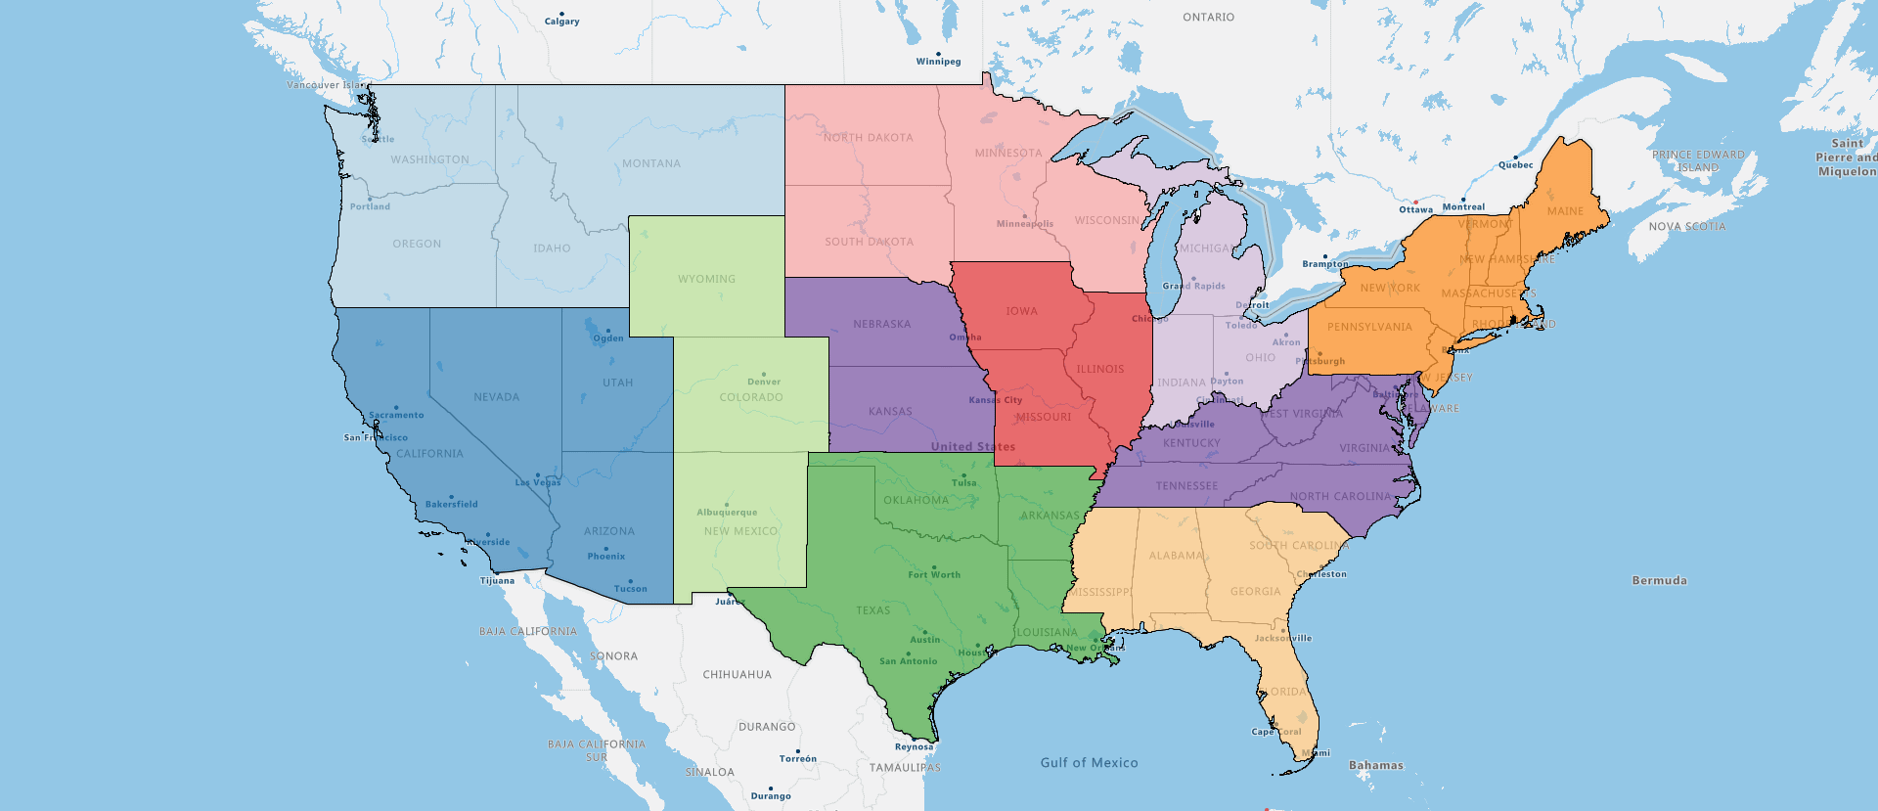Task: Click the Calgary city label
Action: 561,22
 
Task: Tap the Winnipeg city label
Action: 938,62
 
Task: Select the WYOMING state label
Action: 706,279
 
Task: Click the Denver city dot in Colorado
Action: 764,374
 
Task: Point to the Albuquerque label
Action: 727,513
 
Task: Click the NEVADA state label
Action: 496,397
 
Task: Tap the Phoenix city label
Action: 605,557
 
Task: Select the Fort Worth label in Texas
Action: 934,575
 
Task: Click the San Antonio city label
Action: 908,661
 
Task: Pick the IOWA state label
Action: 1021,311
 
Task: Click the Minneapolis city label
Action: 1024,224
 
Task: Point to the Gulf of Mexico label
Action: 1089,763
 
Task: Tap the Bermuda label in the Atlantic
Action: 1659,581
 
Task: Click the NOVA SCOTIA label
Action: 1686,227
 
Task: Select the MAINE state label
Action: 1565,211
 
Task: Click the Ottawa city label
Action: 1415,210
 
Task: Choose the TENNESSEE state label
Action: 1186,486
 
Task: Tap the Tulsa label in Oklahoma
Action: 963,483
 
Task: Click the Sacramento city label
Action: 396,416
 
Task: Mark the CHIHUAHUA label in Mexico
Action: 737,675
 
